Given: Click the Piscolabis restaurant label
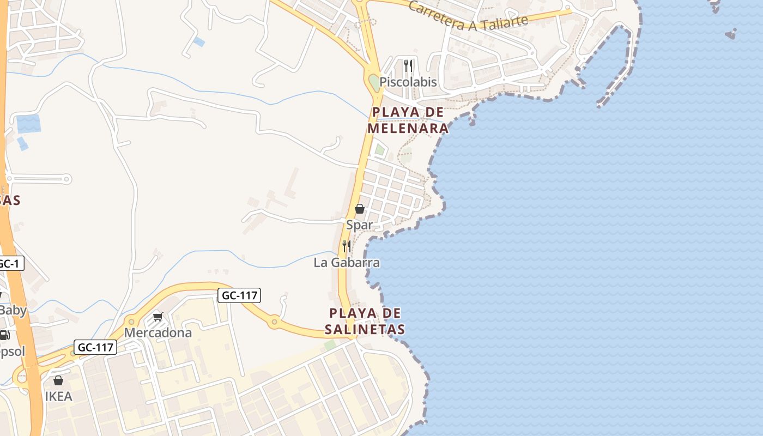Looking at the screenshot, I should [x=408, y=82].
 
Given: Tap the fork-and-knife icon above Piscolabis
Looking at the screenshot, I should [x=408, y=66].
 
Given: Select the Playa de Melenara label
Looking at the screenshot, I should [x=408, y=120].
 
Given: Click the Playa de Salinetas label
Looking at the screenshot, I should [x=365, y=321].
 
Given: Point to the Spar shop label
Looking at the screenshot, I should [x=360, y=225].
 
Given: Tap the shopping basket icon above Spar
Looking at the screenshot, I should [x=360, y=209].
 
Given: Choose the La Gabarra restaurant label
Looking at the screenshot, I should [x=347, y=263].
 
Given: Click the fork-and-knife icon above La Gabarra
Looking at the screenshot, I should [x=346, y=246].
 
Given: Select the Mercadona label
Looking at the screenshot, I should [x=158, y=332].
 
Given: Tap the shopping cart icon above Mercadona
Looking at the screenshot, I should [x=158, y=317].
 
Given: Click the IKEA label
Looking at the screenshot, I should [x=58, y=396].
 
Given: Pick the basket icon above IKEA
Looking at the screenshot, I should [x=58, y=380].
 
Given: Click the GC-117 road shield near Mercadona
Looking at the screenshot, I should [x=239, y=295].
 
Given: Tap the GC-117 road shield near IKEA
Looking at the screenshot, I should [x=95, y=347].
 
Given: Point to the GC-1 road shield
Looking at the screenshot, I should [x=10, y=264].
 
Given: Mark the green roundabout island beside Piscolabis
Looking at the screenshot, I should [x=374, y=83].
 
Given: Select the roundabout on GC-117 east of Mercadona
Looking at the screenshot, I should [x=274, y=323].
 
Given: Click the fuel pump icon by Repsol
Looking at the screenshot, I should [x=4, y=335].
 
